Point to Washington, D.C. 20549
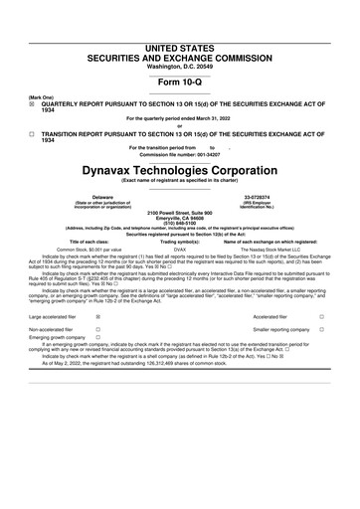click(179, 38)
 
